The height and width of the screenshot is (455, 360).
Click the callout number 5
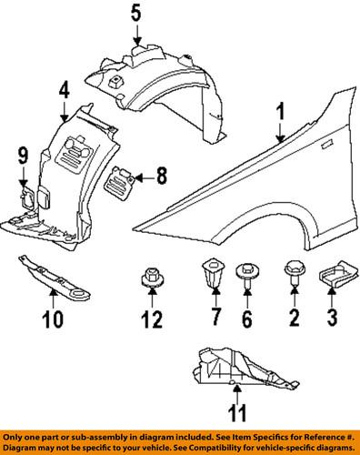click(x=136, y=15)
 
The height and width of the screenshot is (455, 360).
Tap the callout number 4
click(x=65, y=91)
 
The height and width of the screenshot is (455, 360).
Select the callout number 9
click(x=23, y=156)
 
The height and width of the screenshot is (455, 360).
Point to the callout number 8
click(x=162, y=176)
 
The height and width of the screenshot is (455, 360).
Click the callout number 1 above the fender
click(x=282, y=112)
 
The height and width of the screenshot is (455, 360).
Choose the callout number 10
click(x=53, y=318)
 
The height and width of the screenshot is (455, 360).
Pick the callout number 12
click(x=152, y=318)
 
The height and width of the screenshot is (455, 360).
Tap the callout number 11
click(x=237, y=412)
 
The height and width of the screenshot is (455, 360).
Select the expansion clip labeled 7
click(x=213, y=273)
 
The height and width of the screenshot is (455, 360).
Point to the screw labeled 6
click(x=246, y=276)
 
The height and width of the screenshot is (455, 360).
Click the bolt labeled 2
click(x=295, y=272)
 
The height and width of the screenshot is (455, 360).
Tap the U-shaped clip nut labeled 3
click(x=334, y=274)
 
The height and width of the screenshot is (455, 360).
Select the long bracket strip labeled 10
click(x=55, y=278)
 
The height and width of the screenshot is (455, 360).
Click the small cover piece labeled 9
click(x=27, y=198)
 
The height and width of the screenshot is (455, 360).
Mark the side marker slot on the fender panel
click(x=327, y=145)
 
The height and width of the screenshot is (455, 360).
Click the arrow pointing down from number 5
click(x=137, y=35)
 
